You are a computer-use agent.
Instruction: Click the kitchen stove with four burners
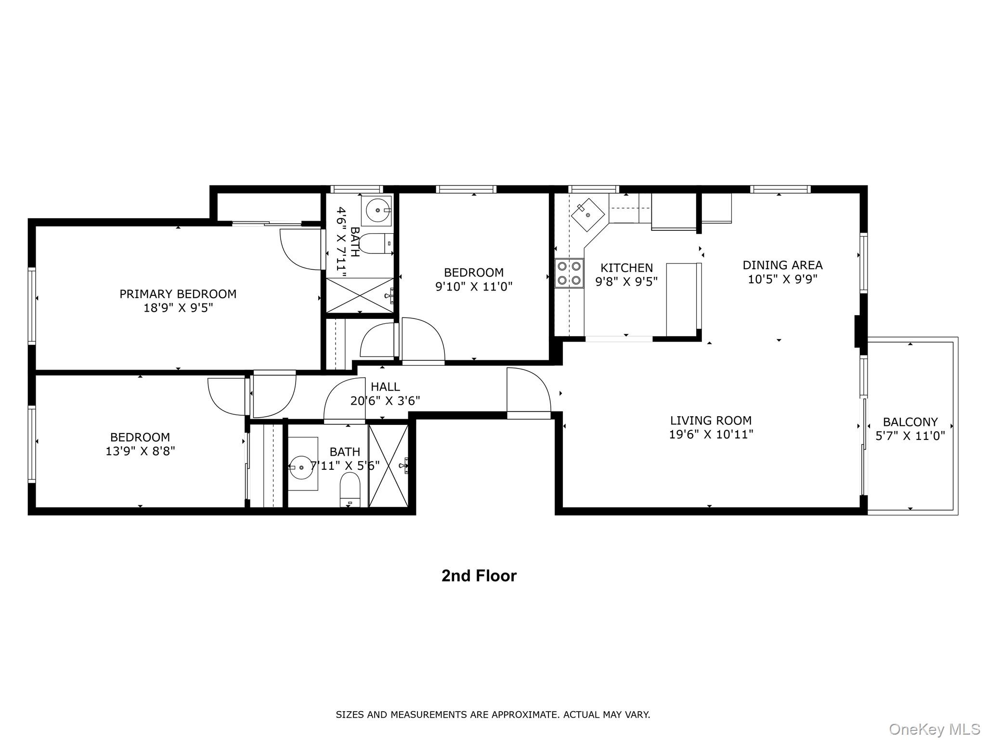569,273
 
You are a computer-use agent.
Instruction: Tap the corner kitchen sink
587,214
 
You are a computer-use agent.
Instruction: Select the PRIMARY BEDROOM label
178,294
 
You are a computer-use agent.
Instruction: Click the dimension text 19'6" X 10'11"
711,435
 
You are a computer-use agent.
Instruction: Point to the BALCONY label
910,422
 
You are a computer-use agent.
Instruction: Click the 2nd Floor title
479,576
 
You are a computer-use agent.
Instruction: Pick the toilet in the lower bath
350,489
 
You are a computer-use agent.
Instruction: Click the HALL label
385,386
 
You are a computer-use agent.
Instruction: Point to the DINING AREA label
782,265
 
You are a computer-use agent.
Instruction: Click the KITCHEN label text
626,268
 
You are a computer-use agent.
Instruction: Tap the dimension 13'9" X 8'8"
140,451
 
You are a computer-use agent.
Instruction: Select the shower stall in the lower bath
388,465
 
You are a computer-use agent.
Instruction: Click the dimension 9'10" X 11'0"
474,287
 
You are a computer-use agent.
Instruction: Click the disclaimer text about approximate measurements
493,714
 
